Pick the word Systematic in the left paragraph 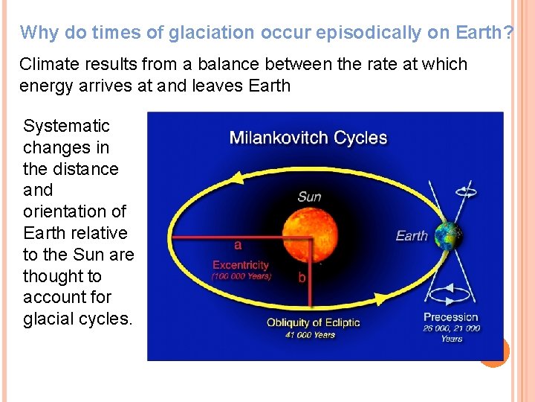click(x=66, y=126)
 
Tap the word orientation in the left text click(x=74, y=211)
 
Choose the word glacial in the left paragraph click(x=51, y=319)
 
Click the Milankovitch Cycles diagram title click(x=308, y=138)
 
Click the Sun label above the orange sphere click(x=309, y=197)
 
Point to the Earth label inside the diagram click(x=412, y=236)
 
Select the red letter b click(x=302, y=278)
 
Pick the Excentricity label click(x=241, y=265)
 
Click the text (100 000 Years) click(x=241, y=276)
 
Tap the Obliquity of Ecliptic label click(x=314, y=322)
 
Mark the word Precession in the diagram click(x=451, y=317)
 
